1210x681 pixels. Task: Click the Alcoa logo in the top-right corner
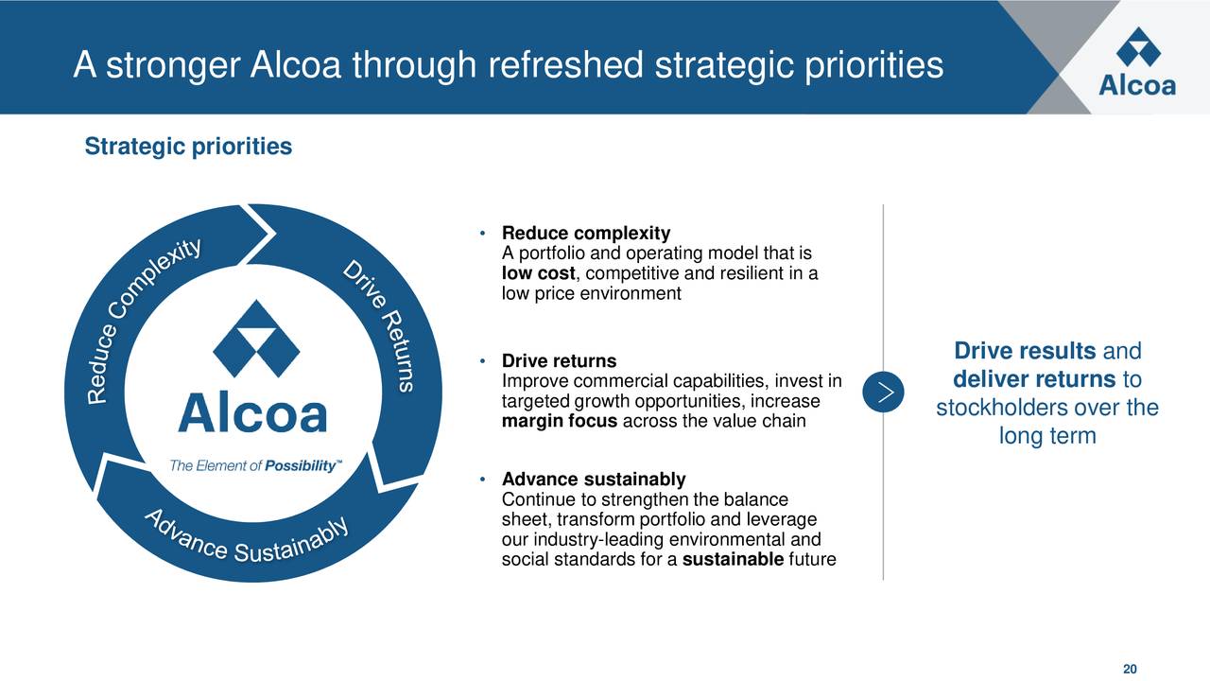tap(1137, 61)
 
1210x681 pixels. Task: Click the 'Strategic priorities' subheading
tap(188, 148)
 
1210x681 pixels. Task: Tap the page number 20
tap(1131, 669)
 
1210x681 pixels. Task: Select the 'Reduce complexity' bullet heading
tap(585, 234)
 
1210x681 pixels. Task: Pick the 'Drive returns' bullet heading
tap(559, 361)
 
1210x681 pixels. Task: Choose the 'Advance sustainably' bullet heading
tap(594, 480)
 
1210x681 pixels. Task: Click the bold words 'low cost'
tap(538, 274)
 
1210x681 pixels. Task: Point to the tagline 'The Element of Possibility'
tap(255, 466)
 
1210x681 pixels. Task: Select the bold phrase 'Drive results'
tap(1025, 352)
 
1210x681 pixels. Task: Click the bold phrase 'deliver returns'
tap(1034, 380)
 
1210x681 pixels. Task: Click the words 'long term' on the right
tap(1046, 437)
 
